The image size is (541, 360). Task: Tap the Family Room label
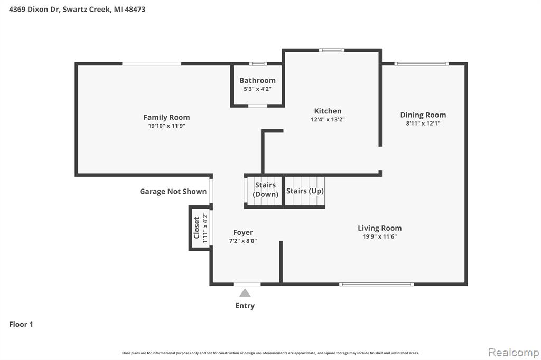(166, 117)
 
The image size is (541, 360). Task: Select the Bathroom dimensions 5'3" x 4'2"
(257, 89)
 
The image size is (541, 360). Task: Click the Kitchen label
(328, 111)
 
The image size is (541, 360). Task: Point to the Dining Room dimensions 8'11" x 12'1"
(423, 124)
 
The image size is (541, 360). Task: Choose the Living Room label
(379, 228)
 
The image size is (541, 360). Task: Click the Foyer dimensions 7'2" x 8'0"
(243, 241)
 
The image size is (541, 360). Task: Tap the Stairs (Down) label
(265, 190)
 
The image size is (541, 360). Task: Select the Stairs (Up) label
(305, 191)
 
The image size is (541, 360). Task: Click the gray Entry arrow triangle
(245, 293)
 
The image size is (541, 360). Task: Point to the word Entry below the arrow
(245, 306)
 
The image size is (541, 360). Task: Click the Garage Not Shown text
(173, 192)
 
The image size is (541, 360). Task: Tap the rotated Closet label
(197, 227)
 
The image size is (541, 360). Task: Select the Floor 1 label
(21, 324)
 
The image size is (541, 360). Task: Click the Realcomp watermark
(514, 352)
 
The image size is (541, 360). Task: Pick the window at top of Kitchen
(332, 50)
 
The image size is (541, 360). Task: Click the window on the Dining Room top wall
(422, 64)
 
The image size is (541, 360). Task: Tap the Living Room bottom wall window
(376, 284)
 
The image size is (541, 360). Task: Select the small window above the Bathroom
(258, 64)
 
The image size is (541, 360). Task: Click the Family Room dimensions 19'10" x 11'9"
(166, 126)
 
